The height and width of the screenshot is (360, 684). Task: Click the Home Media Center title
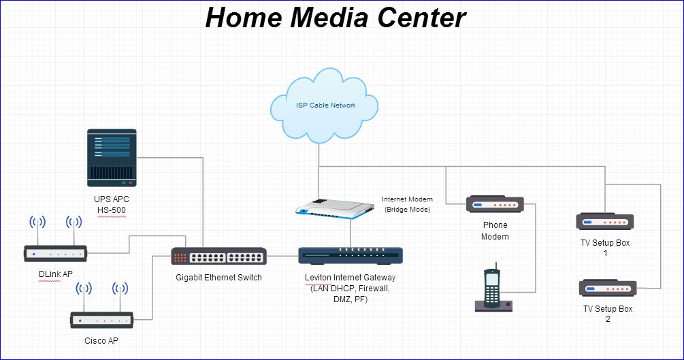point(336,18)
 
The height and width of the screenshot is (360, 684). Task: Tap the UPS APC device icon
point(112,158)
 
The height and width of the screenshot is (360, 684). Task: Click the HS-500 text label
point(111,210)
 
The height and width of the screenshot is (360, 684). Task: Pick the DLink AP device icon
point(55,254)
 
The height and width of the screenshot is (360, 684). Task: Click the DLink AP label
point(55,274)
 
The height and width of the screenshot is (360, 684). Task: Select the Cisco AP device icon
point(102,319)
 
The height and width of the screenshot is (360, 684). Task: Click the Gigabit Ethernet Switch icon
point(218,257)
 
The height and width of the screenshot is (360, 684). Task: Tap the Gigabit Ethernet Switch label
point(218,278)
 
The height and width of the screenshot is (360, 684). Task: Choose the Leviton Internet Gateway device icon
point(351,256)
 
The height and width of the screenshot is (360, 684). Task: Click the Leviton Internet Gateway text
point(351,278)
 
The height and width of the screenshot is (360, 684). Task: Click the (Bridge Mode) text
point(407,210)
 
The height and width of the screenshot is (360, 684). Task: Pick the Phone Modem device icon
point(495,204)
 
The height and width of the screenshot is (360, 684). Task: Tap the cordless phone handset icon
point(493,289)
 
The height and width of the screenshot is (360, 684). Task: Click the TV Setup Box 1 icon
point(605,222)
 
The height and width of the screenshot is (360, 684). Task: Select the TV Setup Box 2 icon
point(608,288)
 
